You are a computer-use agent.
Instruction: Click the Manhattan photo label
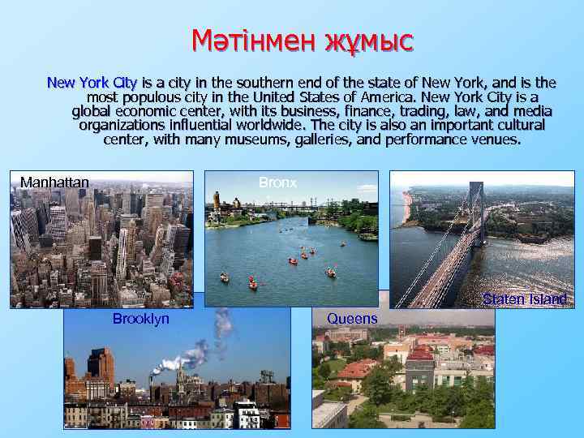(x=54, y=182)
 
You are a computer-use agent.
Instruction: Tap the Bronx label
(x=277, y=183)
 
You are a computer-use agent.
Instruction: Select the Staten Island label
(x=525, y=299)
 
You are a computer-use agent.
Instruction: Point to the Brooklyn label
(x=141, y=319)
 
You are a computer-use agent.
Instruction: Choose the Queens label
(x=352, y=319)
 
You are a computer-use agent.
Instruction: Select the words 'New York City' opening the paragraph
(x=92, y=82)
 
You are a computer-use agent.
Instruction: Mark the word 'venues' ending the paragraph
(x=496, y=140)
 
